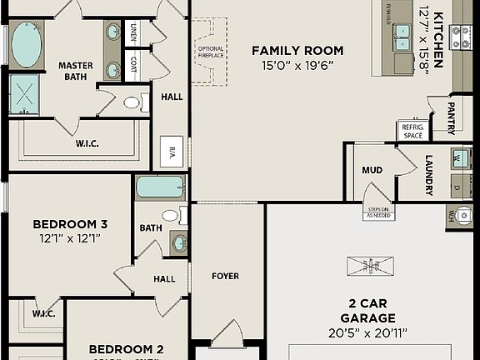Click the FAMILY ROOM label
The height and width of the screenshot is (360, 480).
[297, 51]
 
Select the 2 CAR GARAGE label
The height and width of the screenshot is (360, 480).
[367, 310]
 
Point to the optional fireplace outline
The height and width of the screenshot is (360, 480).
[211, 53]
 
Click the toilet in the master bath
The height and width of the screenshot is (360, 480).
[132, 103]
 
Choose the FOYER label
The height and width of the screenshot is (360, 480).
[225, 276]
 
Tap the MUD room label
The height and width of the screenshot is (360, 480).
[372, 170]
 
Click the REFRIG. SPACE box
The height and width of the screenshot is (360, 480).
[412, 131]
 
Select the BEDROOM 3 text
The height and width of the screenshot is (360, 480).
[70, 224]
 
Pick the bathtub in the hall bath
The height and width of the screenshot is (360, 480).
[160, 187]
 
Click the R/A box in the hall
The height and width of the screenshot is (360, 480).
[172, 151]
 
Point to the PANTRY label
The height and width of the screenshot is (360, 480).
[451, 117]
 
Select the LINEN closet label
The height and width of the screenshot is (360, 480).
[134, 34]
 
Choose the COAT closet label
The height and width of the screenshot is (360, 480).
[134, 63]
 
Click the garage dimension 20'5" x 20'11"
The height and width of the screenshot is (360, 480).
[367, 333]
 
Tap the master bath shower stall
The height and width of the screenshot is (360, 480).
[25, 93]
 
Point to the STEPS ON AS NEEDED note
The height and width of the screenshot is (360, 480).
[377, 212]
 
